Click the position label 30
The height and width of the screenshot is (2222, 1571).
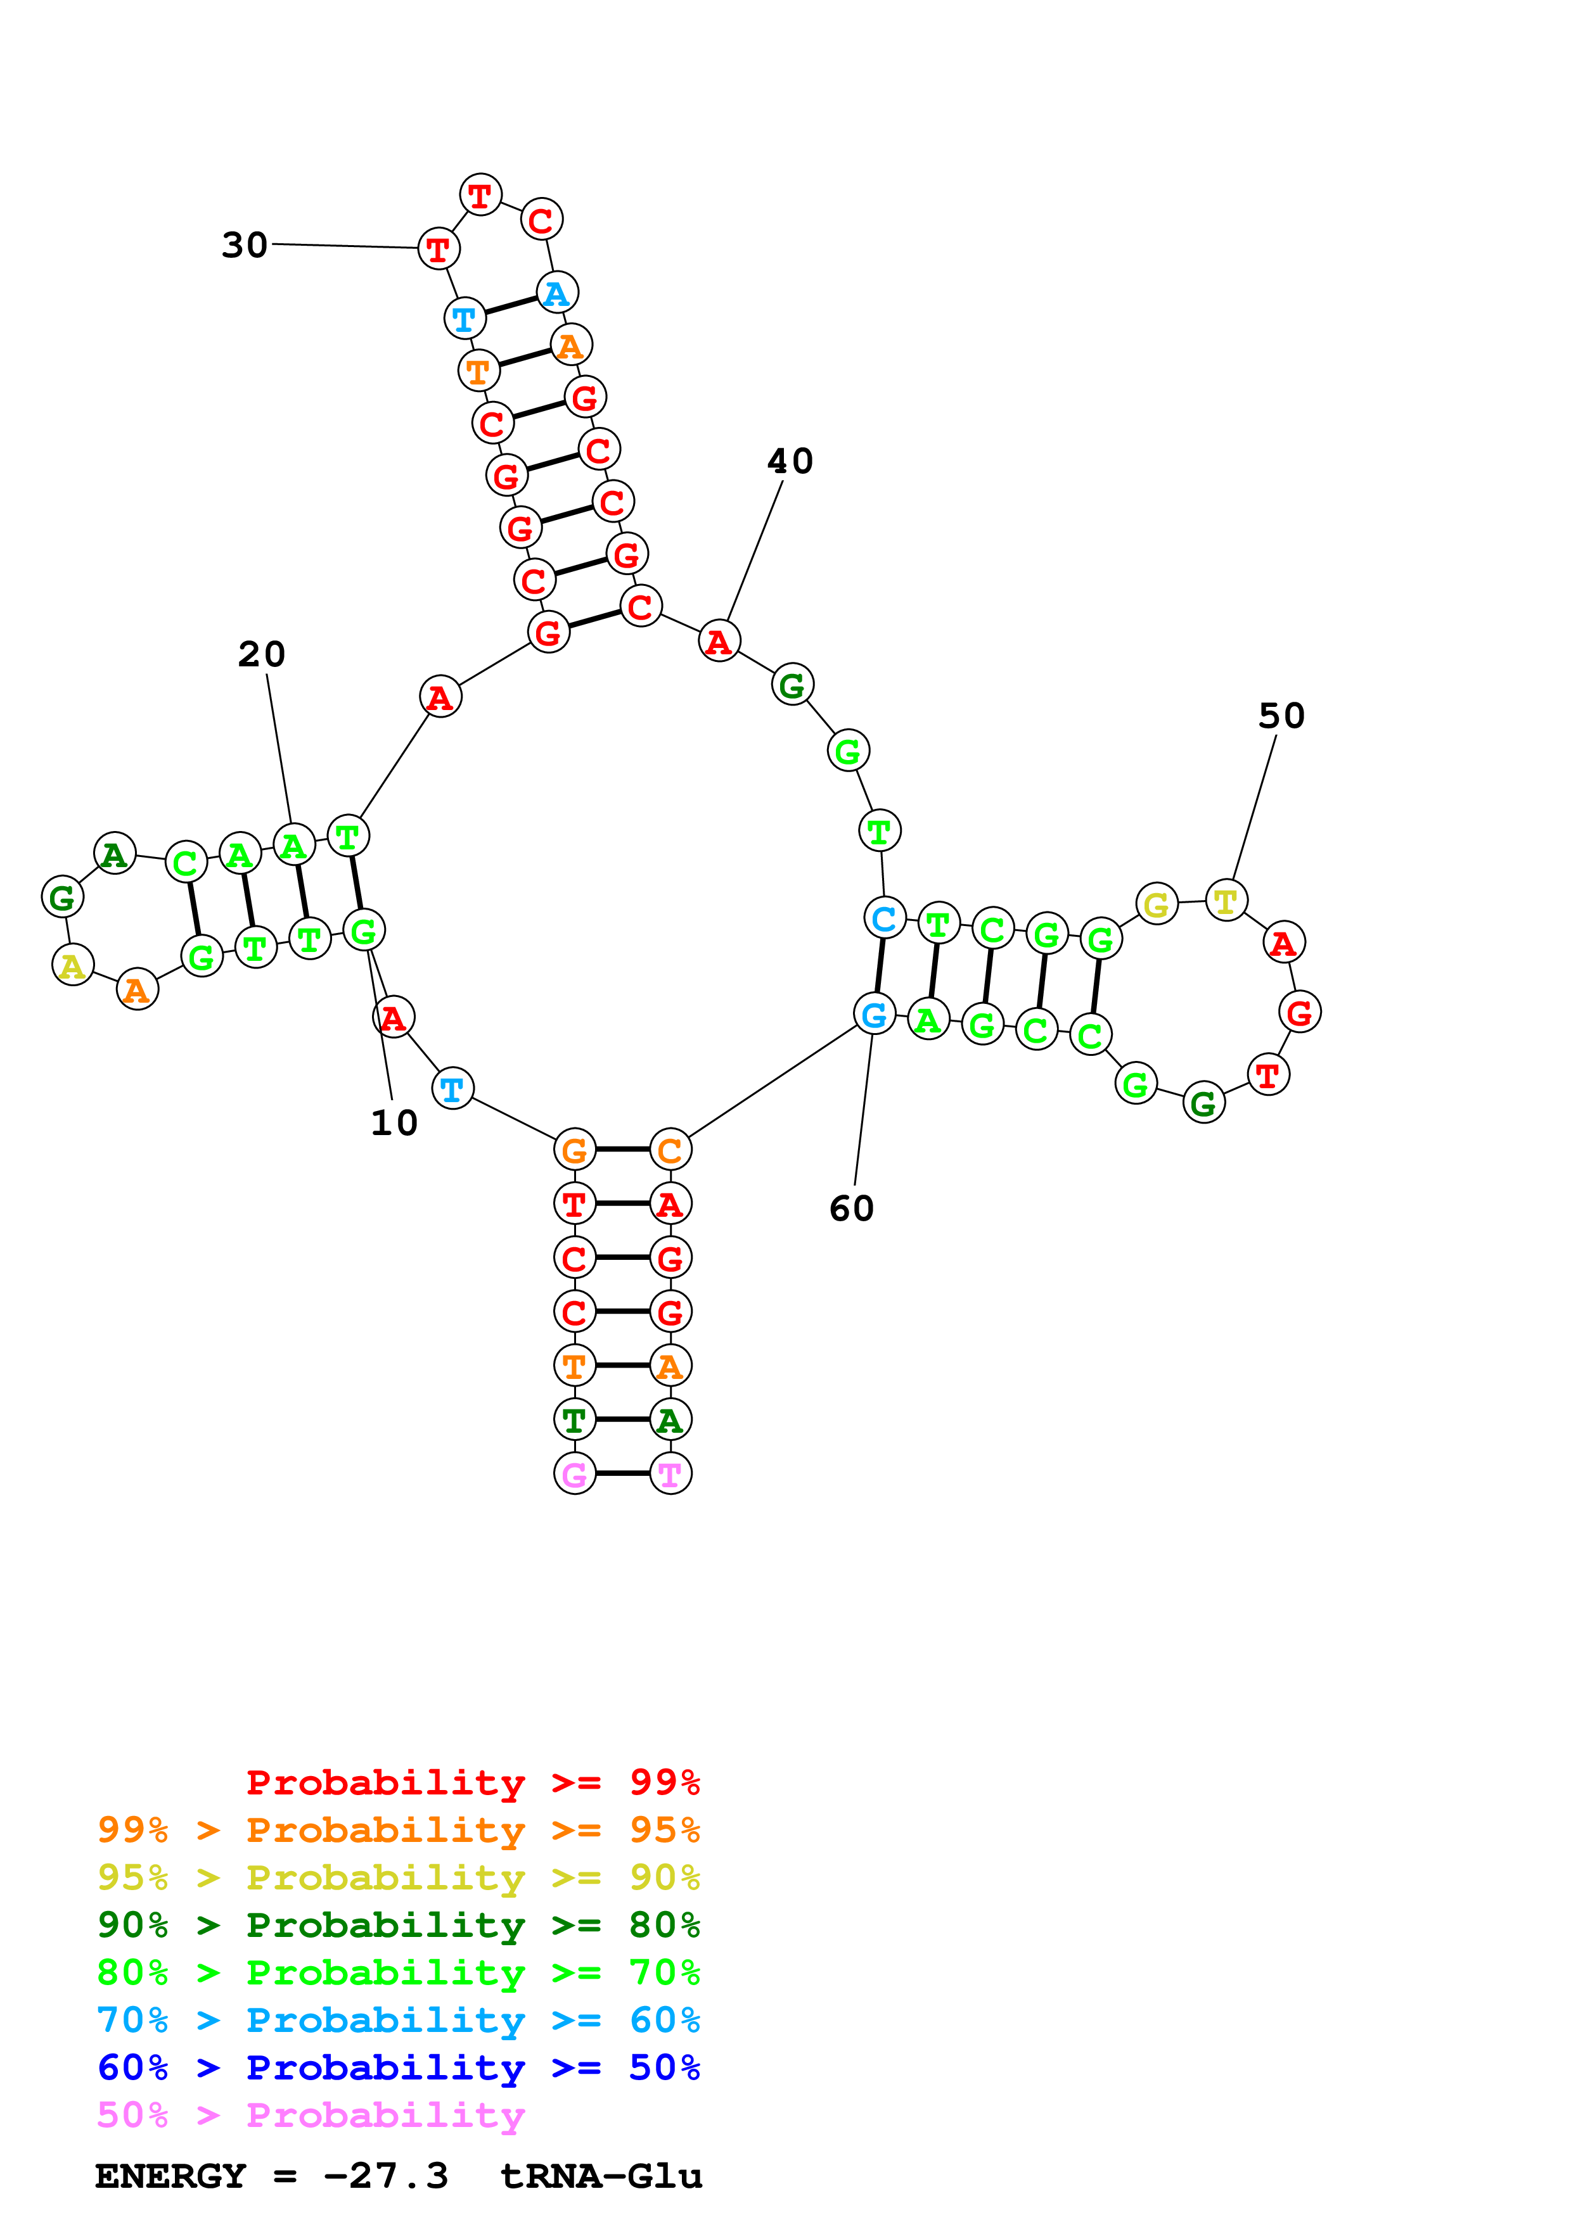[x=245, y=245]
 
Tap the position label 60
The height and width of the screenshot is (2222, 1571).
[x=852, y=1208]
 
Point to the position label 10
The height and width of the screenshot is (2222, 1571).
[x=394, y=1122]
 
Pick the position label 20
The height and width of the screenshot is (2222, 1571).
[x=261, y=654]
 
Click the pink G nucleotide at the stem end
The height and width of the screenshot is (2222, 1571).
[x=574, y=1474]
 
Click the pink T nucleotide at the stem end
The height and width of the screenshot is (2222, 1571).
[x=670, y=1474]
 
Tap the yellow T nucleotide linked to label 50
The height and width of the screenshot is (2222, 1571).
[x=1226, y=901]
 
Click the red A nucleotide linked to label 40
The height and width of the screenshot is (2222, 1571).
[x=718, y=640]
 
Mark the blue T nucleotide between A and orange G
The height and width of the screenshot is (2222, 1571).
[x=452, y=1089]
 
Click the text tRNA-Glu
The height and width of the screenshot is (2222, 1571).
[x=601, y=2176]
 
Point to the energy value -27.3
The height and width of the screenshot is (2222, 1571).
[x=385, y=2176]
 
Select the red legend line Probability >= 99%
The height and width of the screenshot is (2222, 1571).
[x=472, y=1782]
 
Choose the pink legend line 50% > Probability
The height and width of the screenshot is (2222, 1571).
[x=310, y=2116]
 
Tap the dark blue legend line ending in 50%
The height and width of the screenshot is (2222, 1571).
[x=398, y=2067]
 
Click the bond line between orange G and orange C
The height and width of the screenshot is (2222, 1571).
[x=622, y=1149]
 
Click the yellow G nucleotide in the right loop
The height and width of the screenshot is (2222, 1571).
[x=1156, y=905]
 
